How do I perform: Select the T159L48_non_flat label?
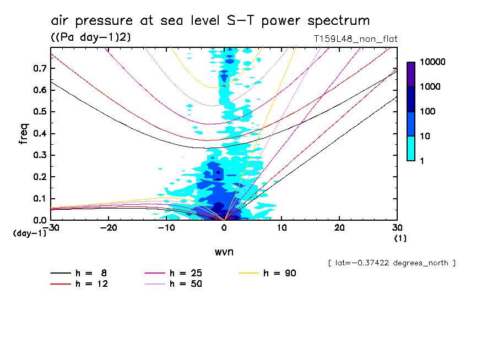coord(355,39)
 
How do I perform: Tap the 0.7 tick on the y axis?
coord(37,68)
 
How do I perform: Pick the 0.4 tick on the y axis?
coord(37,133)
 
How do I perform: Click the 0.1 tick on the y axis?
coord(37,198)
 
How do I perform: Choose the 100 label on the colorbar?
coord(428,112)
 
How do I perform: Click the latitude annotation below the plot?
coord(391,263)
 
